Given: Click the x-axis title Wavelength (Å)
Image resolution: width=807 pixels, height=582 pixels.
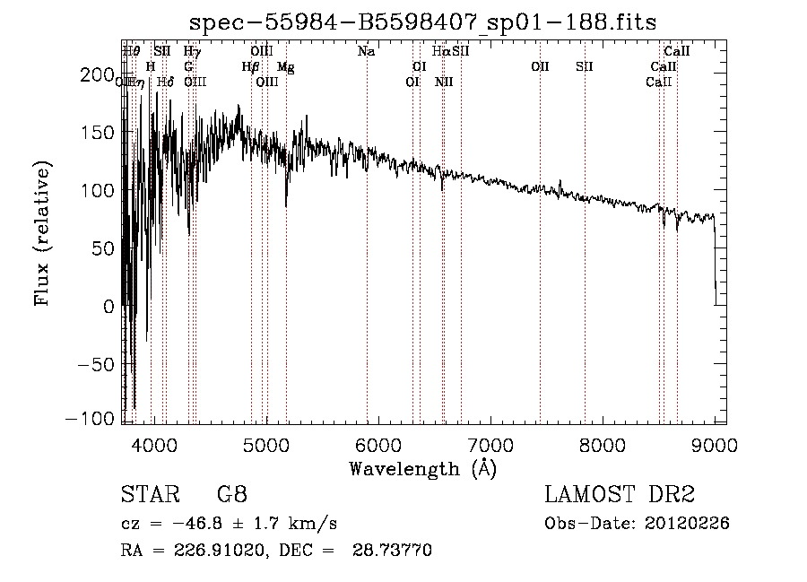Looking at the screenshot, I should (422, 468).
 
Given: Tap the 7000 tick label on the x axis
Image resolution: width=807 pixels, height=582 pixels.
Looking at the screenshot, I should (490, 445).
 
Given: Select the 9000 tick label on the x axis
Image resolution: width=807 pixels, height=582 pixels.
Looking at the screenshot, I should (715, 445).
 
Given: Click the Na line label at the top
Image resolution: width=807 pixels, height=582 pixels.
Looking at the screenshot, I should (366, 52).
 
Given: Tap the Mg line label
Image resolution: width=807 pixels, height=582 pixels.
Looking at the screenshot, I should (285, 67).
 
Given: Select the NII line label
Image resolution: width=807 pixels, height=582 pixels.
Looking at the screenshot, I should (444, 83).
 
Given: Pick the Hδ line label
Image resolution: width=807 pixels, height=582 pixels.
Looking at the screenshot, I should (165, 83).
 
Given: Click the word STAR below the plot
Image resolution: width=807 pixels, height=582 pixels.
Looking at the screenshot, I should (144, 495).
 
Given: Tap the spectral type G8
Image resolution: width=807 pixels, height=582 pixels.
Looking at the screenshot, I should (231, 495).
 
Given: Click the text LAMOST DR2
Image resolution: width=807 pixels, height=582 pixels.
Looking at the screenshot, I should (620, 495).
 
